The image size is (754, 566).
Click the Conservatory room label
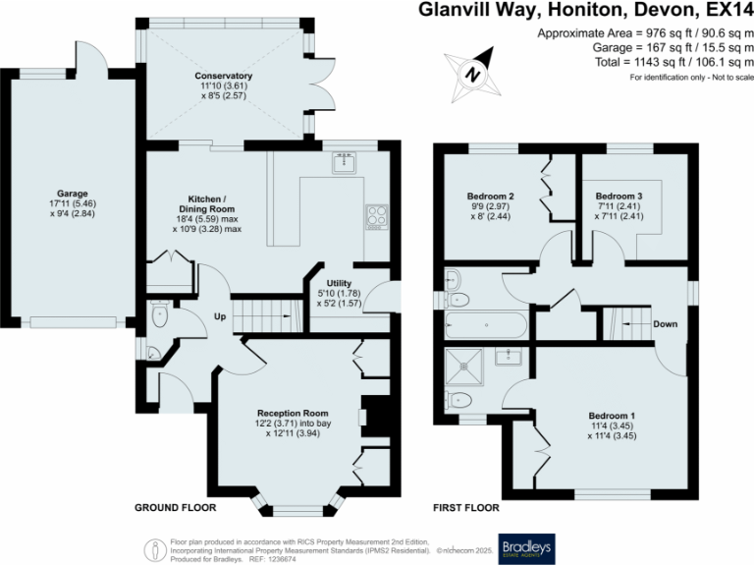pos(223,76)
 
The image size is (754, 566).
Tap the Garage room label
pos(73,194)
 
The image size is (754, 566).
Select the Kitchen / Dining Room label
pos(207,204)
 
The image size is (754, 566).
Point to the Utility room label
pos(339,283)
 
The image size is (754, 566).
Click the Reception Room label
pos(293,413)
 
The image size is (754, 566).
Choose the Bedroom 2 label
pos(491,196)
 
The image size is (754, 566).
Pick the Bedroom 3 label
pos(619,196)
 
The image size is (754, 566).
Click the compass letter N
pos(473,75)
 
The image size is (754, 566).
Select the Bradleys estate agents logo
pos(526,548)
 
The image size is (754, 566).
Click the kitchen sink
pos(345,163)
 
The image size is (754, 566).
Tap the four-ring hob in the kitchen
pos(377,216)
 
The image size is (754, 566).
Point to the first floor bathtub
pos(486,325)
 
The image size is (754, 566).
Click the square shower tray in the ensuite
pos(464,367)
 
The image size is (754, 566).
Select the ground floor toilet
pos(159,314)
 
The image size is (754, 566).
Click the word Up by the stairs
pos(220,316)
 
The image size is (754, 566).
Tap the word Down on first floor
pos(665,324)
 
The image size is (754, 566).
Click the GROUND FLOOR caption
pos(176,507)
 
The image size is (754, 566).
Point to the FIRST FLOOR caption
pos(466,507)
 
